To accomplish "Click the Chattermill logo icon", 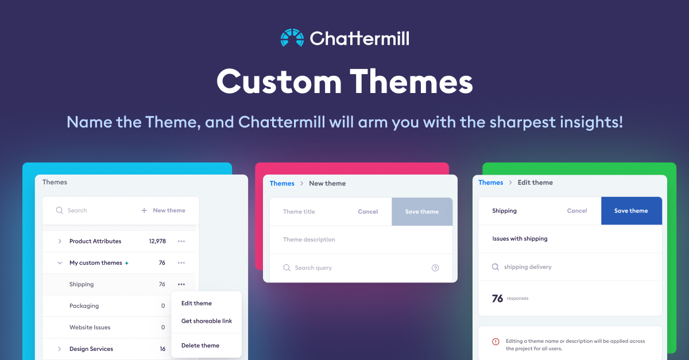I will coord(292,38).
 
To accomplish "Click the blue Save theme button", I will coord(631,211).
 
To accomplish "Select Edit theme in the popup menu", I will coord(196,303).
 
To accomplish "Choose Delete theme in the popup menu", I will coord(200,346).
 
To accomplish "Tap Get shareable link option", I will coord(206,321).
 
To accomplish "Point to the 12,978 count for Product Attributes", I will coord(157,241).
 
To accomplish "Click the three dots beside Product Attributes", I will coord(181,241).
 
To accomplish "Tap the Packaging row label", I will coord(84,306).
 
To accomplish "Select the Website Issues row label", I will coord(90,327).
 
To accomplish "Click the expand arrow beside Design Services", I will coord(60,349).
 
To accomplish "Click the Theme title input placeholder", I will coord(299,212).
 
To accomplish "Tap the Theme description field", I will coord(309,239).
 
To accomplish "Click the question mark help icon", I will coord(435,268).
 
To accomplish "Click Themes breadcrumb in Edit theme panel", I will coord(490,183).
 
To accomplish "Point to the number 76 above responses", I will coord(497,299).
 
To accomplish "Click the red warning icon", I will coord(496,342).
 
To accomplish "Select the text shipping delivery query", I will coord(528,267).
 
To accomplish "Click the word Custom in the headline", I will coord(278,82).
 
